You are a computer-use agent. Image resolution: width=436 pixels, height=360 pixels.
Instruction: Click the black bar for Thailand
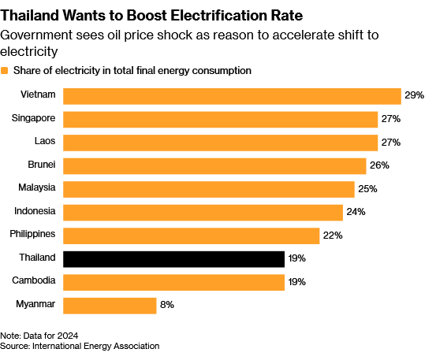[x=173, y=259]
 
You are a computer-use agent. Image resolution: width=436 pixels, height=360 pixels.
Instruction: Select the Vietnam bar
[x=232, y=96]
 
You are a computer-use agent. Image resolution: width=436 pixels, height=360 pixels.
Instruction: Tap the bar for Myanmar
[x=110, y=306]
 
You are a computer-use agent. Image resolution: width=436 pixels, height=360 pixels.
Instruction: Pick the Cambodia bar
[x=173, y=283]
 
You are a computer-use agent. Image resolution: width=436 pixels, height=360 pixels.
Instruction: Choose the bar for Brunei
[x=214, y=166]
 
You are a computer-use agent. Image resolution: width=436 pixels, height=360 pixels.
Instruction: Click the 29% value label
[x=414, y=95]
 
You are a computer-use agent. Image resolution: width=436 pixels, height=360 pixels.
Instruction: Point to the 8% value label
[x=167, y=305]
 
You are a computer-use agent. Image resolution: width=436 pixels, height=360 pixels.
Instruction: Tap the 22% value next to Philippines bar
[x=333, y=236]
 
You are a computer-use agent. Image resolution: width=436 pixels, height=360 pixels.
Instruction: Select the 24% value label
[x=356, y=212]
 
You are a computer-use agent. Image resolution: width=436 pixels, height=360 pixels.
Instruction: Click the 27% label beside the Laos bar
[x=391, y=143]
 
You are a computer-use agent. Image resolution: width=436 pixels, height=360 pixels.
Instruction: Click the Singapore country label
[x=33, y=118]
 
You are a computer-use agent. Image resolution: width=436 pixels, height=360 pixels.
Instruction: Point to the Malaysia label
[x=37, y=187]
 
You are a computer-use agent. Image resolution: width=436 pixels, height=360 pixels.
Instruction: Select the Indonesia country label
[x=35, y=211]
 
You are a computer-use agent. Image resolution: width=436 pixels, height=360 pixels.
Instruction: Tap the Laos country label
[x=45, y=141]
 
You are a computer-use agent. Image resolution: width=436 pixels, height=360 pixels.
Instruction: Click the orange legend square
[x=4, y=71]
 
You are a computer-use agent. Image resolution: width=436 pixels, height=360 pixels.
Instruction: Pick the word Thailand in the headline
[x=30, y=16]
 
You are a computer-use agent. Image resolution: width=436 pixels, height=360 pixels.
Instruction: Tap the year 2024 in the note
[x=68, y=336]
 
